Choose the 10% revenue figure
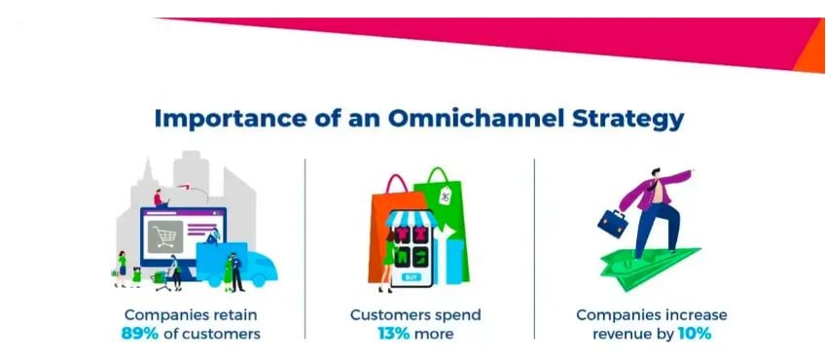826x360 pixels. [694, 334]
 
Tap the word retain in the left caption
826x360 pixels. [235, 315]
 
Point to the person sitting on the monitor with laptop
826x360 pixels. [161, 198]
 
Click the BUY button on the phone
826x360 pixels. [413, 277]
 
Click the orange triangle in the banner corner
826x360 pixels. [811, 54]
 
